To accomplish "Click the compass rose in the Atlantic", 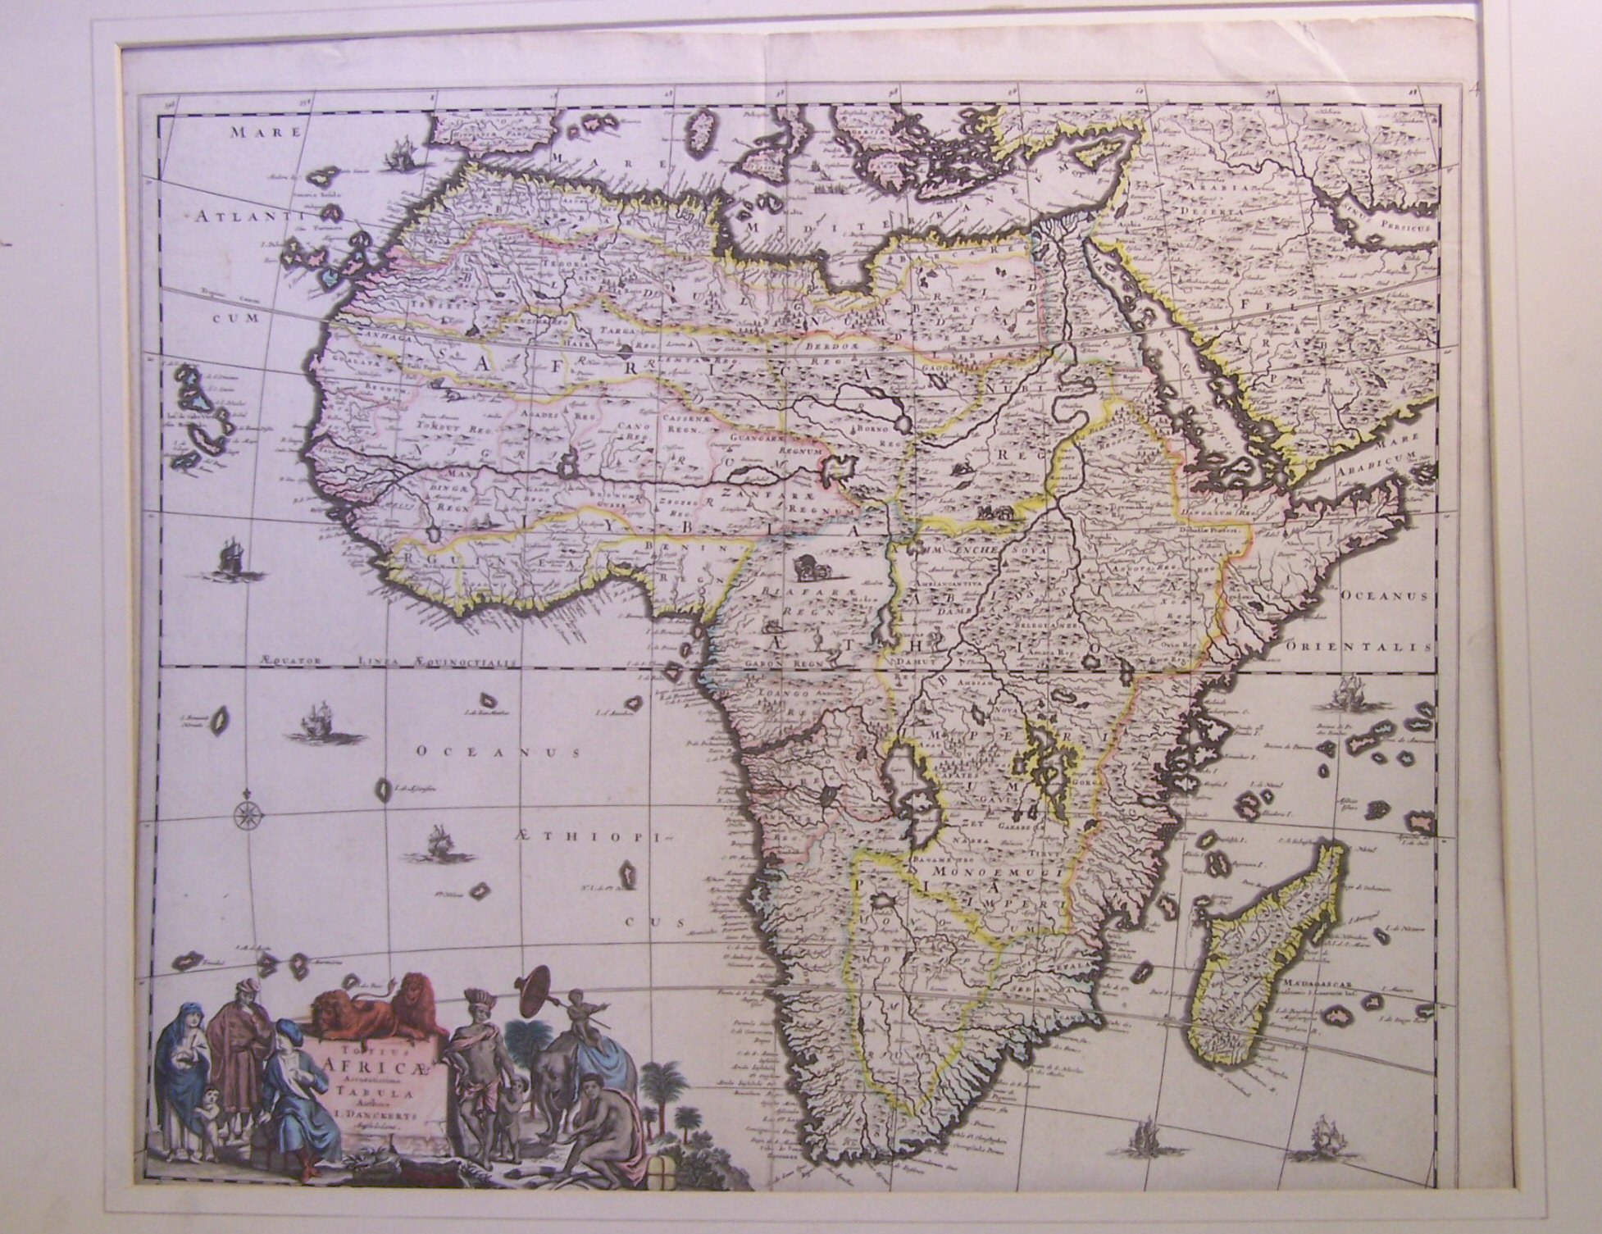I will [246, 814].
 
